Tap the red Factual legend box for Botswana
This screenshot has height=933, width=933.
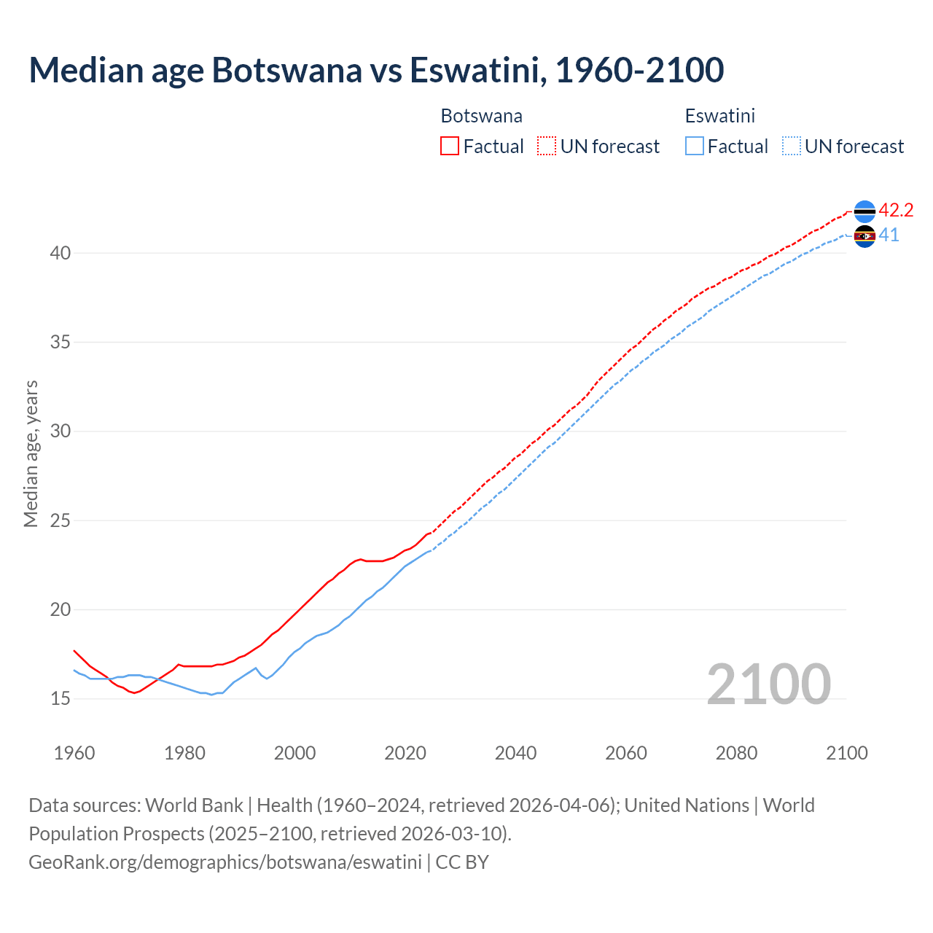point(450,146)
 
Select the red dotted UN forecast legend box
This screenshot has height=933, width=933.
point(546,146)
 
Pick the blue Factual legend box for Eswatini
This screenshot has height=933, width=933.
point(695,146)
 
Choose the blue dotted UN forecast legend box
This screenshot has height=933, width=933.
point(791,146)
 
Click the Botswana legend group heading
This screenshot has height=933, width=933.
point(481,116)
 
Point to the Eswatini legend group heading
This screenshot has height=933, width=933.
point(719,116)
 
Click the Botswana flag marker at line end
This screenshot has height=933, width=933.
point(864,211)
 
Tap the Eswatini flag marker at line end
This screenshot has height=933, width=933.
point(864,236)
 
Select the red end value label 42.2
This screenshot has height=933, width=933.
point(896,211)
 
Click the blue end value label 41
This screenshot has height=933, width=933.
point(889,235)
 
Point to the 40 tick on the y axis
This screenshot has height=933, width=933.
point(60,253)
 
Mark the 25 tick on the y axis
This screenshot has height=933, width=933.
point(60,520)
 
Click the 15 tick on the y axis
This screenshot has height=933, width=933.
point(60,698)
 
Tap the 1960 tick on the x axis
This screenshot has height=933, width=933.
point(74,753)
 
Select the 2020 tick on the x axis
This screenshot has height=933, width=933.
point(405,753)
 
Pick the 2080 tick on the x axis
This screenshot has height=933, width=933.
point(736,753)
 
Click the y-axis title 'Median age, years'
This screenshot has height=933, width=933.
point(31,453)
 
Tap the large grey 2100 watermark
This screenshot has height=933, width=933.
point(769,684)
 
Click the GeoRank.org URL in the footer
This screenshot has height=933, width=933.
point(225,862)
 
